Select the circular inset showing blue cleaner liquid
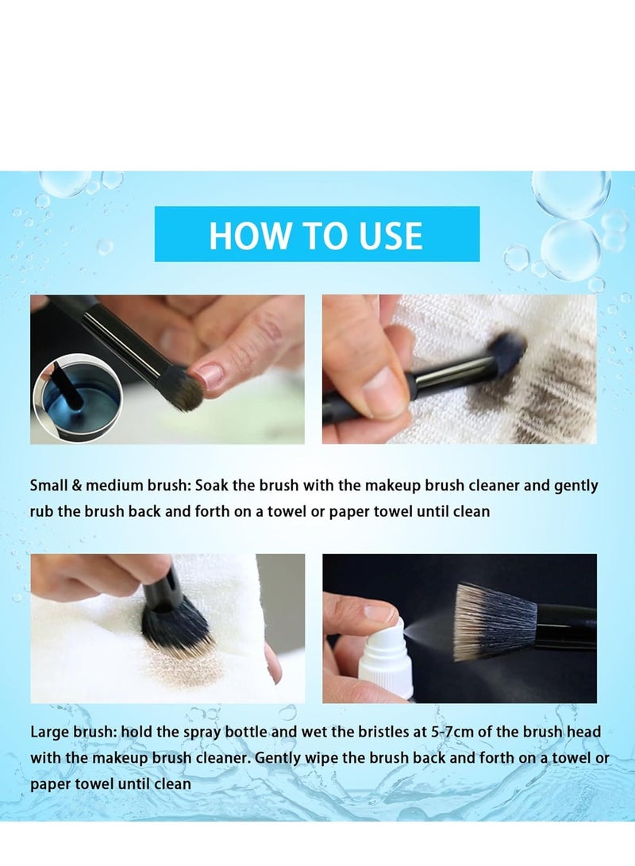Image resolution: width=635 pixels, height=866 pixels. click(x=78, y=396)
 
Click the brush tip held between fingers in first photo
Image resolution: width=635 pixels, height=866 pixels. click(x=183, y=391)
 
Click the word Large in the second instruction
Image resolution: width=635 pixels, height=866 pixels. click(x=48, y=732)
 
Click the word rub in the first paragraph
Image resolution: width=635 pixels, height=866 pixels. click(x=41, y=511)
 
